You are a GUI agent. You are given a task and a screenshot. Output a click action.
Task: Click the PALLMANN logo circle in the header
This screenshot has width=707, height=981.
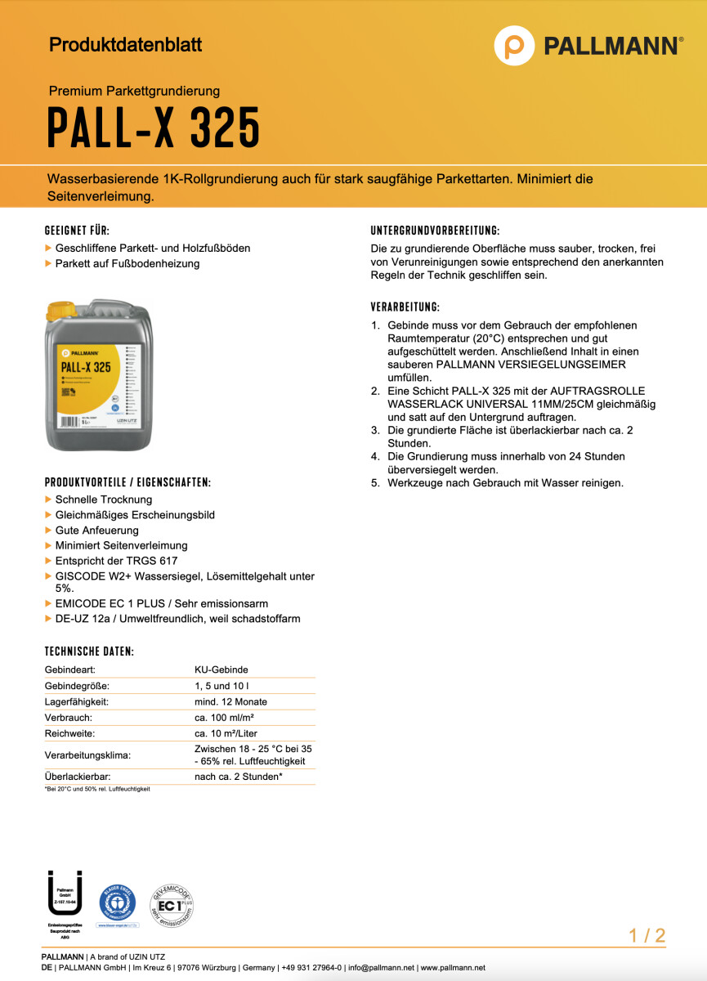[x=514, y=45]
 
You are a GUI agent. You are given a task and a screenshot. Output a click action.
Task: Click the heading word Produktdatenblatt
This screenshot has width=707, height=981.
[x=125, y=44]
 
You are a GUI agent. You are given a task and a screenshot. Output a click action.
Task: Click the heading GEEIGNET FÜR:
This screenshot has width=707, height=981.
[x=77, y=231]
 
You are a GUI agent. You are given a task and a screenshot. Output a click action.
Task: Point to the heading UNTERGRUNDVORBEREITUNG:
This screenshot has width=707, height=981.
[x=435, y=231]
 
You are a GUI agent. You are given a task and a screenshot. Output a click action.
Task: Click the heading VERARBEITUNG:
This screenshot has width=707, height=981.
[x=405, y=307]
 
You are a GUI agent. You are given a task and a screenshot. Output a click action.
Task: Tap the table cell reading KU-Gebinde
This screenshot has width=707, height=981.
[x=221, y=670]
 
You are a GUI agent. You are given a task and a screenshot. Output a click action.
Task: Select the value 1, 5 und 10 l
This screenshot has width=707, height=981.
[x=224, y=686]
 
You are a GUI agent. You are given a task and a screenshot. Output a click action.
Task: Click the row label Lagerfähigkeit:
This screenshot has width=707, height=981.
[x=77, y=701]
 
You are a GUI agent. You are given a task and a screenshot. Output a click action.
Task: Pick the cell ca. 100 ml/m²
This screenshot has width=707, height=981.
[x=226, y=717]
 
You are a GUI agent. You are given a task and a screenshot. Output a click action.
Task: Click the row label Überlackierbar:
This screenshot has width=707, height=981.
[x=78, y=777]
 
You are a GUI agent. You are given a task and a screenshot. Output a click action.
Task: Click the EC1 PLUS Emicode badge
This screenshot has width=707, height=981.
[x=171, y=906]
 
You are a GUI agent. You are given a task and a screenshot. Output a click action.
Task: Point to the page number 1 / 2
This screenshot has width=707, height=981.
[x=647, y=936]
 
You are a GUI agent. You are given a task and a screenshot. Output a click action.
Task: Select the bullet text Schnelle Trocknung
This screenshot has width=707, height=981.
[x=104, y=499]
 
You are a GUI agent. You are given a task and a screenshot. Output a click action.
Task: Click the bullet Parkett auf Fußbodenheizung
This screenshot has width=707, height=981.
[x=128, y=263]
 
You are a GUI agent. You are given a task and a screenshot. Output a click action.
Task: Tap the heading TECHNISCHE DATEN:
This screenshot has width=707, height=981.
[x=89, y=652]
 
